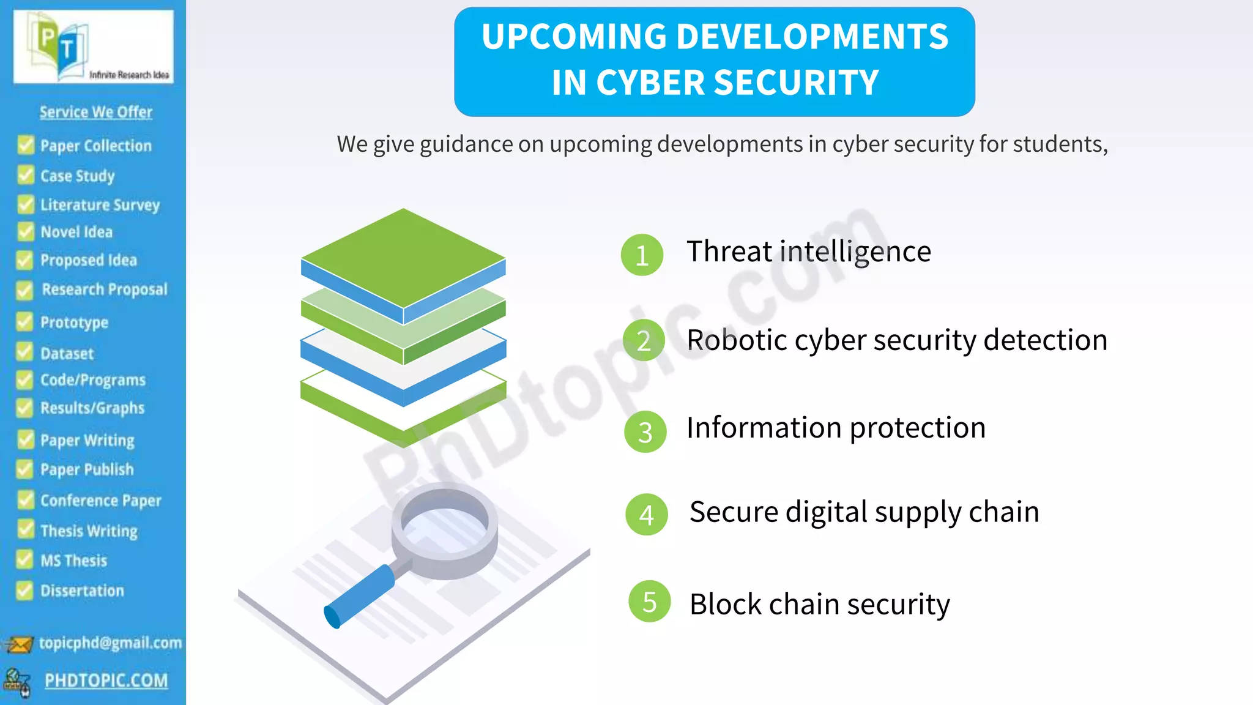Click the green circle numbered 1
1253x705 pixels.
pos(642,255)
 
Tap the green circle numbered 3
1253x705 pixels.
pos(645,431)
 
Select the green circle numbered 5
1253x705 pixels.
pos(649,601)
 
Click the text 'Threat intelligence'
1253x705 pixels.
pos(808,252)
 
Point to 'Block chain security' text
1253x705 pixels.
pos(819,604)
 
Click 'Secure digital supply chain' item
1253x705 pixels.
pos(864,512)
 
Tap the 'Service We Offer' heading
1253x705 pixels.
pos(96,112)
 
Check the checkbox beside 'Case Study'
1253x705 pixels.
pos(26,175)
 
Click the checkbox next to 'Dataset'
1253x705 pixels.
pos(25,352)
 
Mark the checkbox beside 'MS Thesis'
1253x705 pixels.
pos(25,559)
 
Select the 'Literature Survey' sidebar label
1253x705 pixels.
pos(100,205)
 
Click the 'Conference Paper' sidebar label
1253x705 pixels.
pos(101,501)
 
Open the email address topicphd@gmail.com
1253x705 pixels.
pos(110,643)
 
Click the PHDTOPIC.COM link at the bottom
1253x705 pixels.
pos(106,681)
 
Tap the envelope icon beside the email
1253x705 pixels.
pos(19,644)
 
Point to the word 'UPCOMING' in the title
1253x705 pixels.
pos(573,37)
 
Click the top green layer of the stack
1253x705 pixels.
pos(403,257)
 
